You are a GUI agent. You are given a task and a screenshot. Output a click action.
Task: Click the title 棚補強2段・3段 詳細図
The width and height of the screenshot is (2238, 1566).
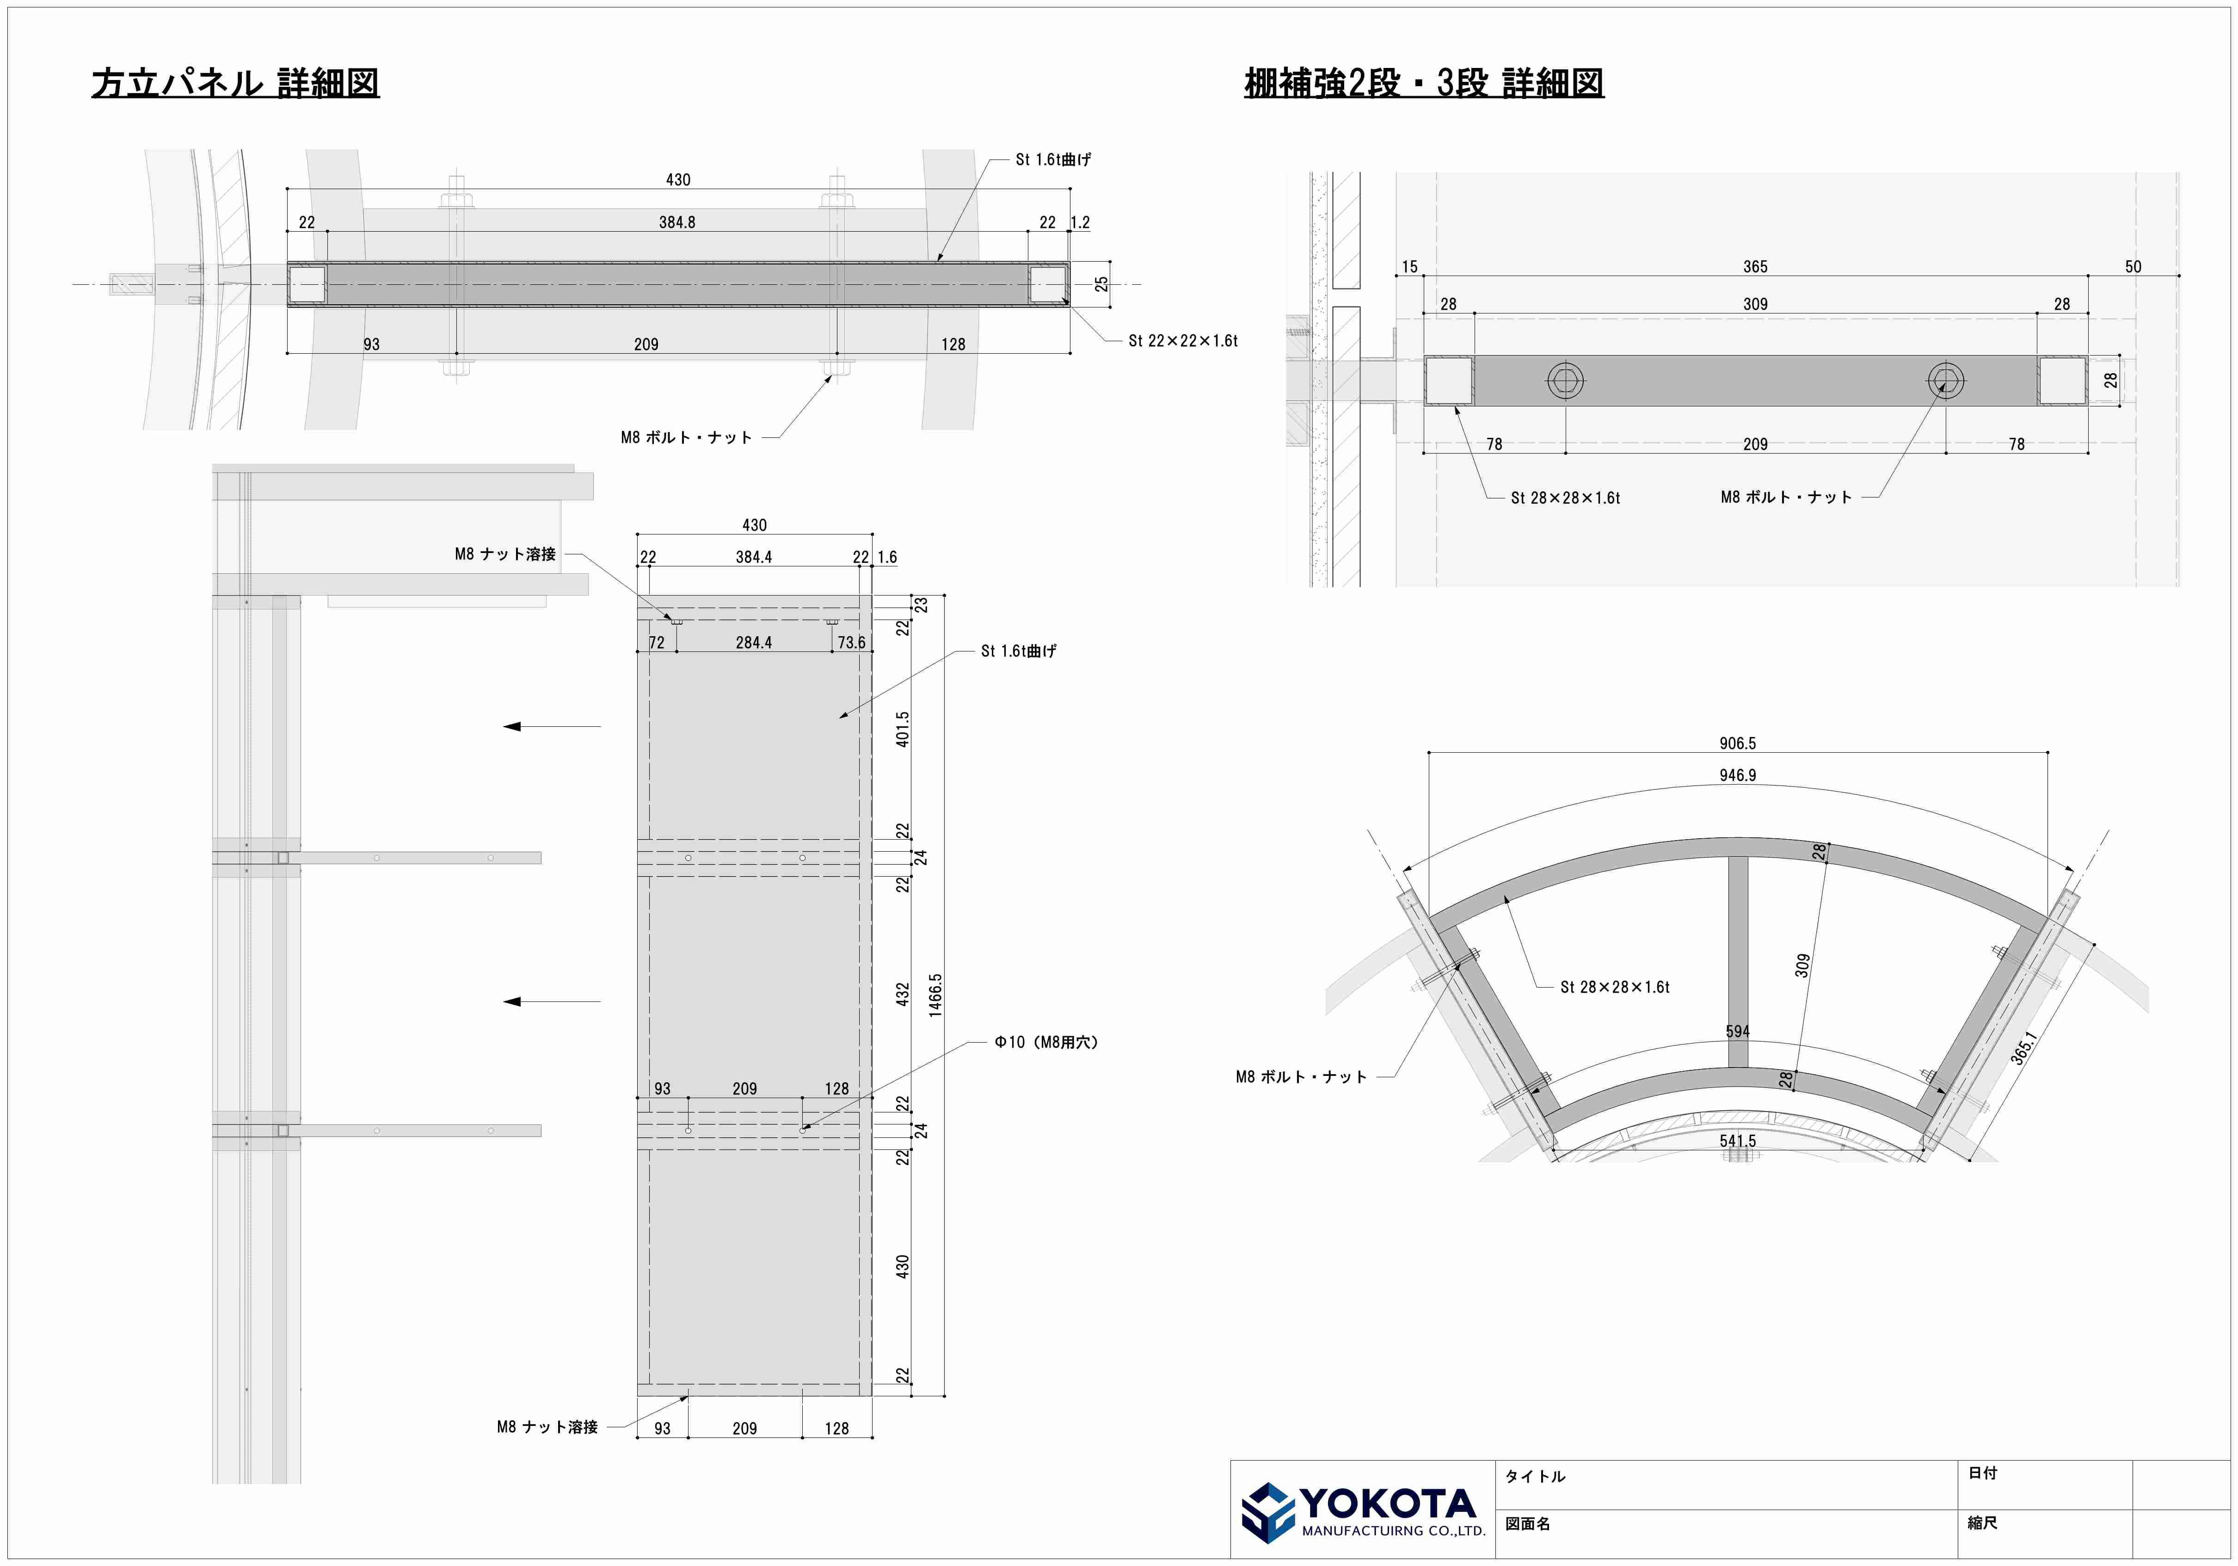coord(1424,83)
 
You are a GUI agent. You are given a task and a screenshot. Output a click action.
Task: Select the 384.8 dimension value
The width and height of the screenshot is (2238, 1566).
coord(677,222)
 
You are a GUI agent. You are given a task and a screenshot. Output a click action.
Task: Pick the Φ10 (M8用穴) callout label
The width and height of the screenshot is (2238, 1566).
coord(1046,1042)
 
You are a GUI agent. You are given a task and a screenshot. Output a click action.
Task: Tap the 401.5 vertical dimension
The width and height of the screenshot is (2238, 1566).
coord(903,729)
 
